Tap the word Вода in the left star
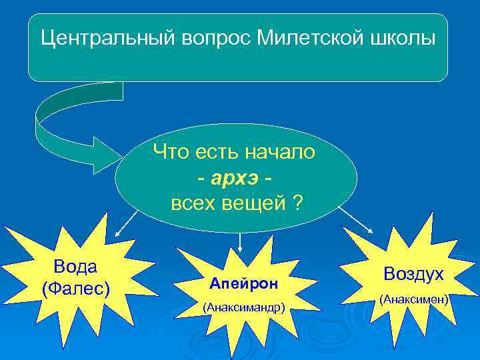pos(75,267)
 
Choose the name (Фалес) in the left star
pos(75,288)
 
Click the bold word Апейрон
pos(243,283)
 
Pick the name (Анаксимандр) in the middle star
pos(245,307)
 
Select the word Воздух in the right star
pos(413,274)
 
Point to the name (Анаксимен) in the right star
pos(413,300)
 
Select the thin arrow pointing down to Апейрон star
pos(239,241)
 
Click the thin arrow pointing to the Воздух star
pos(357,220)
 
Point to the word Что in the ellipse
pos(170,153)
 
